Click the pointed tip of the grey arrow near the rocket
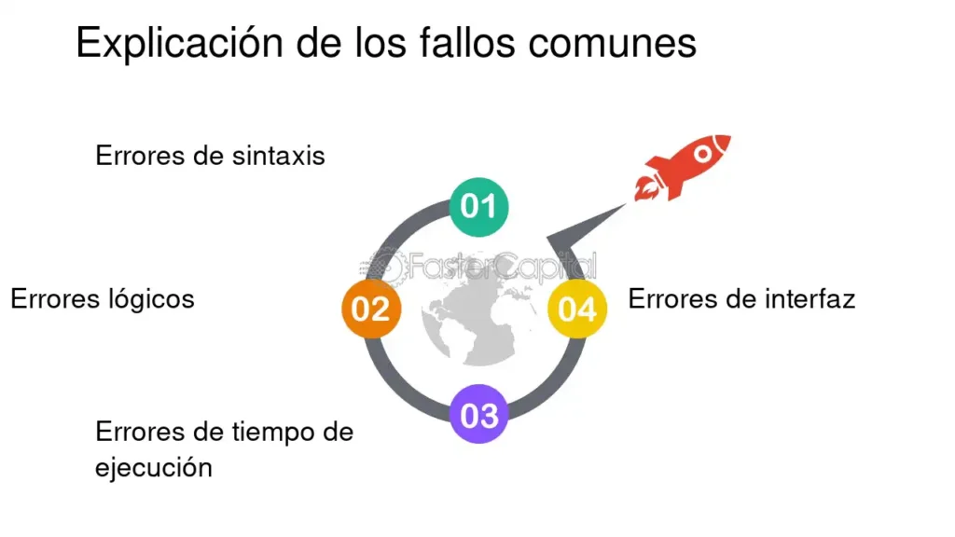(626, 204)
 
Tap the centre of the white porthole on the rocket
(703, 154)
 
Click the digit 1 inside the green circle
(489, 206)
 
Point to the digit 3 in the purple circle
(489, 416)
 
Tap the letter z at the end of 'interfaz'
(848, 300)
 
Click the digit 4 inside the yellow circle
(588, 310)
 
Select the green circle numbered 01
(478, 206)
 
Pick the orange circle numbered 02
(371, 309)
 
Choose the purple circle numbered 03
(478, 414)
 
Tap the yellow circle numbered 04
(577, 309)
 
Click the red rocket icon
(682, 167)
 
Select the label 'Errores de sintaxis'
(210, 156)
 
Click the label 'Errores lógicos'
(103, 299)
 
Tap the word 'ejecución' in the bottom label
(154, 468)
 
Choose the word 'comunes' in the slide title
(612, 44)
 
